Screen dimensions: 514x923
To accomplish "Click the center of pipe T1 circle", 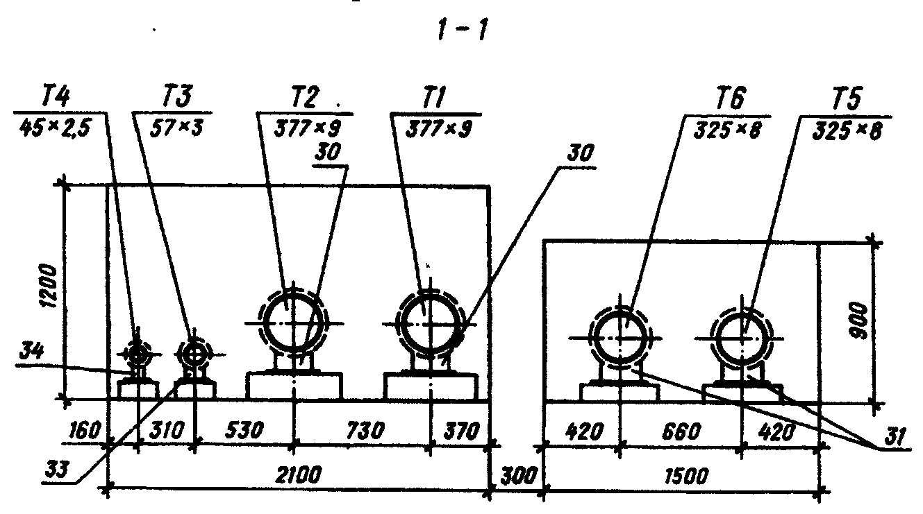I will (x=426, y=323).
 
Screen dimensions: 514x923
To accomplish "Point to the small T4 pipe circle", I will (x=138, y=354).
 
